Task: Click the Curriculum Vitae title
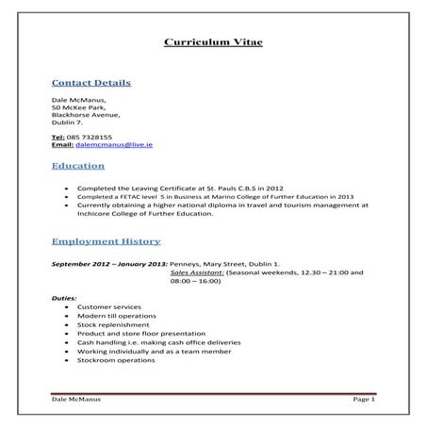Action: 213,42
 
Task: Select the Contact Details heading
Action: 90,83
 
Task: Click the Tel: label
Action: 58,137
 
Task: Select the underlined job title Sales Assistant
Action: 197,273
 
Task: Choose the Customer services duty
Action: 108,307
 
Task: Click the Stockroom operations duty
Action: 114,360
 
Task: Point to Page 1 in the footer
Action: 364,400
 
